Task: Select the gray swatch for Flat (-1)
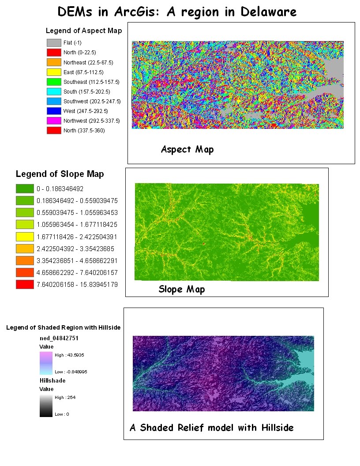[x=53, y=43]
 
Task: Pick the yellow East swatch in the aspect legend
[x=53, y=72]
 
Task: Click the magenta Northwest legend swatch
[x=53, y=120]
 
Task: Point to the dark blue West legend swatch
[x=53, y=111]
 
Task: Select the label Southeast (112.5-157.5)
[x=91, y=82]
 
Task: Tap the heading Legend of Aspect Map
[x=84, y=31]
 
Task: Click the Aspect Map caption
[x=187, y=149]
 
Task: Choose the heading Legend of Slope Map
[x=60, y=174]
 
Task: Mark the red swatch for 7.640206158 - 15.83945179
[x=25, y=284]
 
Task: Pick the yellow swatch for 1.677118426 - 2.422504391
[x=25, y=237]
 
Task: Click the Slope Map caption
[x=181, y=289]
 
